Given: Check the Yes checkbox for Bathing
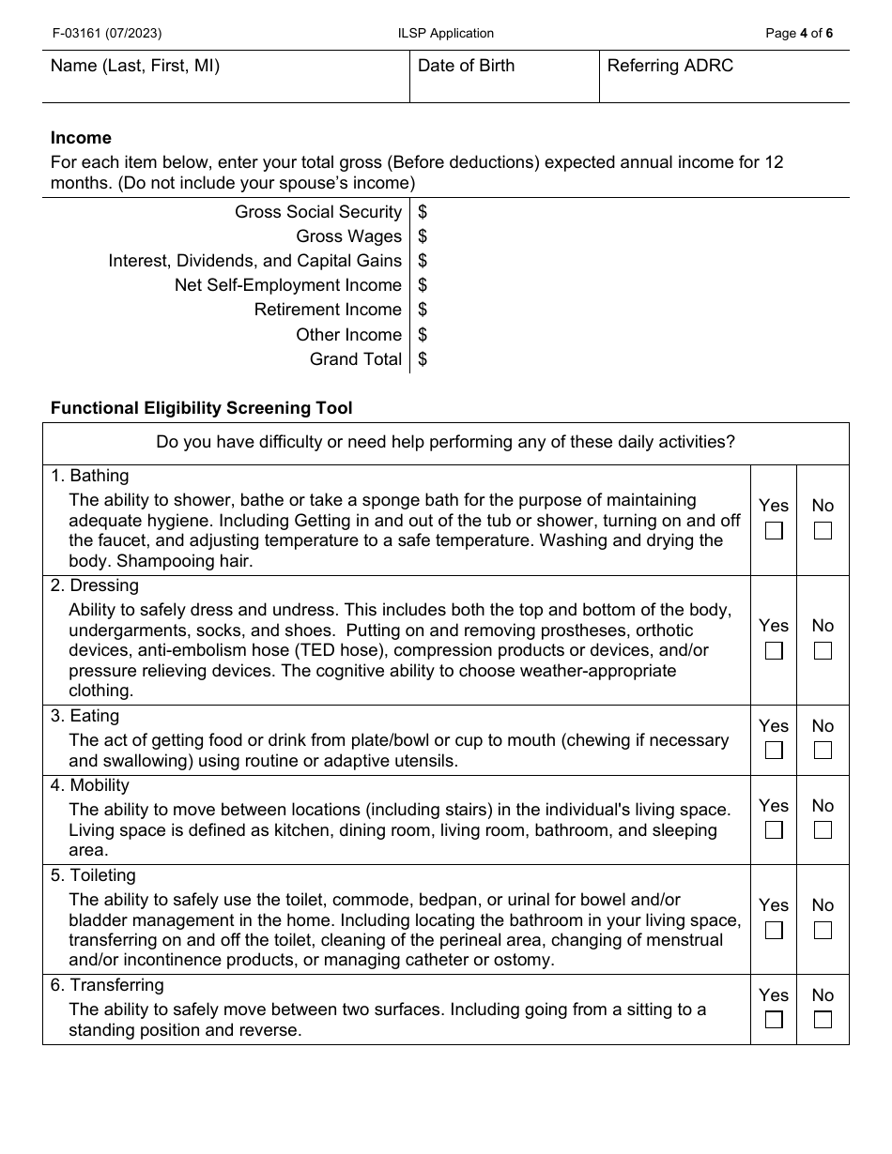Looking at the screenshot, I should pyautogui.click(x=774, y=531).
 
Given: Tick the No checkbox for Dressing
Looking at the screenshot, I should pyautogui.click(x=823, y=651).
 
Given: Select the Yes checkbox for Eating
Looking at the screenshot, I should pyautogui.click(x=774, y=751).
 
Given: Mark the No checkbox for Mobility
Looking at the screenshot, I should pyautogui.click(x=823, y=830).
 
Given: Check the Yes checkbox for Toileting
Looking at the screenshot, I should pyautogui.click(x=774, y=931).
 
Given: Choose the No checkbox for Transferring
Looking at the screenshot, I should pyautogui.click(x=823, y=1020).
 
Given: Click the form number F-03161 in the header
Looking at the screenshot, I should pyautogui.click(x=106, y=34).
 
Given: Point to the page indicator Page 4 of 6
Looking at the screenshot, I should pyautogui.click(x=798, y=34).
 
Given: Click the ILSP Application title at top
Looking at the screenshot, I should pyautogui.click(x=445, y=34).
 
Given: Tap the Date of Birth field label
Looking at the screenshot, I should pyautogui.click(x=466, y=66).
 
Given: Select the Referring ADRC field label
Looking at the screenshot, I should pyautogui.click(x=669, y=66).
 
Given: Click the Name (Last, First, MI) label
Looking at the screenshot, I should pyautogui.click(x=135, y=66).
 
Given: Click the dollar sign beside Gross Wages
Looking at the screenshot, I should pyautogui.click(x=423, y=236).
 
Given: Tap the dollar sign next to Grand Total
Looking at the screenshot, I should pyautogui.click(x=423, y=359).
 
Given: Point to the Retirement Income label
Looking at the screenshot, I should pyautogui.click(x=328, y=310).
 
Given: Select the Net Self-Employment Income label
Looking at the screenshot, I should pyautogui.click(x=287, y=285).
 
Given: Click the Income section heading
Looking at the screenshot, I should pyautogui.click(x=81, y=138).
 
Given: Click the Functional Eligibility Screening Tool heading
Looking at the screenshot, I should pyautogui.click(x=202, y=408).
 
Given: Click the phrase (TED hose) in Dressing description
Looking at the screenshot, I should pyautogui.click(x=317, y=650).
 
